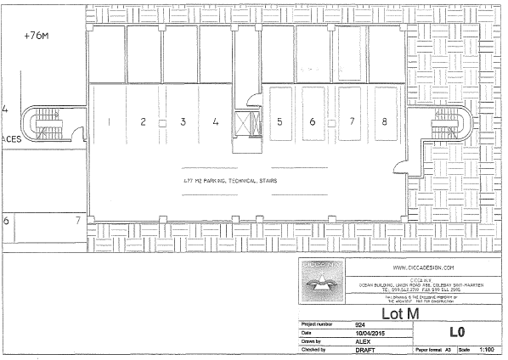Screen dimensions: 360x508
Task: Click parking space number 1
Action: [110, 121]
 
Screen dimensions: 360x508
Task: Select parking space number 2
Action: [144, 121]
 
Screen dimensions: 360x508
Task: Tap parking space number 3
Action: [183, 121]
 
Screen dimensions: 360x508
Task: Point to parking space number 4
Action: [216, 121]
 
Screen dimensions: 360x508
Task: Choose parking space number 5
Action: [279, 121]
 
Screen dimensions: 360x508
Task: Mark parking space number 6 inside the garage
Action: [313, 121]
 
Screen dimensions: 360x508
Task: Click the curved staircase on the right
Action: [449, 122]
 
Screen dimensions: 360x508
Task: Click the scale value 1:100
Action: [488, 349]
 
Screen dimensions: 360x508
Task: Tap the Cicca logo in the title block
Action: [321, 283]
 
